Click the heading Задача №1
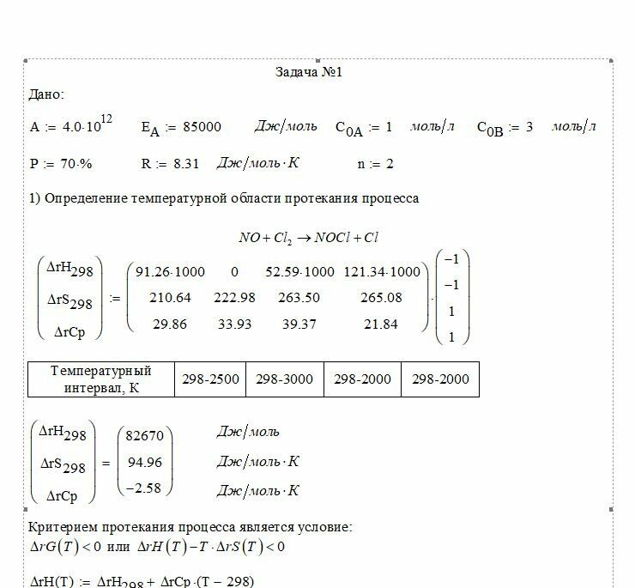tap(309, 72)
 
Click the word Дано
tap(45, 94)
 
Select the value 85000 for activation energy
tap(203, 127)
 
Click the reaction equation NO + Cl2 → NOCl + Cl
tap(309, 238)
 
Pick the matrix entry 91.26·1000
tap(171, 272)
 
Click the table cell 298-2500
tap(210, 379)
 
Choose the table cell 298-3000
tap(284, 379)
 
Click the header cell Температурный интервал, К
tap(101, 379)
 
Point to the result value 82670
tap(145, 436)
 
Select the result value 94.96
tap(145, 463)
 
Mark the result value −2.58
tap(145, 488)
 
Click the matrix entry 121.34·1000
tap(382, 272)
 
